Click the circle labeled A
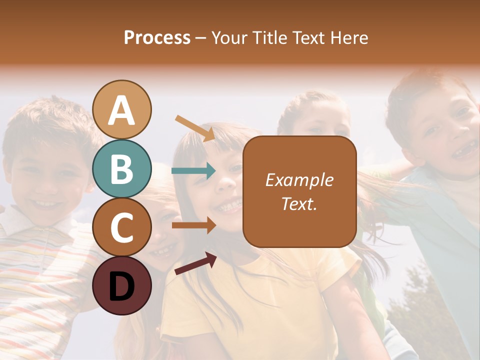tap(122, 109)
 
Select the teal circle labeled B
tap(122, 168)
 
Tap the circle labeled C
tap(122, 227)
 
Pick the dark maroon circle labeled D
tap(122, 285)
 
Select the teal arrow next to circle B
tap(194, 171)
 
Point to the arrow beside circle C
tap(194, 225)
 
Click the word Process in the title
tap(157, 37)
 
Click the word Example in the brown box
tap(299, 180)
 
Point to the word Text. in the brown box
tap(299, 204)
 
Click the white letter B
tap(122, 169)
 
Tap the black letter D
tap(122, 286)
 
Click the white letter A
tap(122, 110)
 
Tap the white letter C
tap(122, 228)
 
